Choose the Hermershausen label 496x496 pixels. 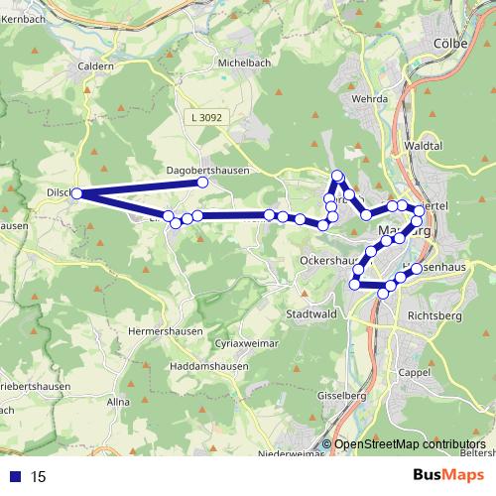166,330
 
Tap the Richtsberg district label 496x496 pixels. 434,317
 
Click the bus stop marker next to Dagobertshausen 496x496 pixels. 202,183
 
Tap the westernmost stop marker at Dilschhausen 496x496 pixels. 76,193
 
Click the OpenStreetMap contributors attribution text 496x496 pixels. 411,444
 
